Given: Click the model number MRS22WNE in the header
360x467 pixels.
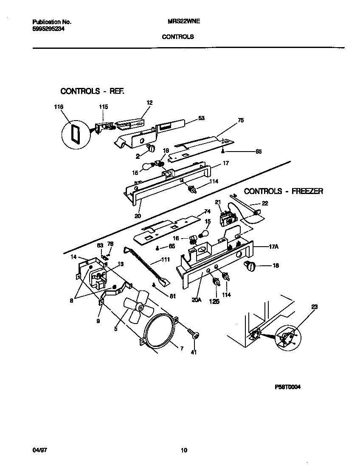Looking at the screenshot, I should (x=178, y=22).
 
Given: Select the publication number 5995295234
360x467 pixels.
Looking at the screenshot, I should (x=48, y=29).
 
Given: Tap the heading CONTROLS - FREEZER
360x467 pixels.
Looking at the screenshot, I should (x=283, y=191).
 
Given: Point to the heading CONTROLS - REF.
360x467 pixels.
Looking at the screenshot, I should (x=92, y=91).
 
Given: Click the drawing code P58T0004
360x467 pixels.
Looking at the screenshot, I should (x=287, y=387).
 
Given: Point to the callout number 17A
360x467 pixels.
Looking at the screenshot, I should (x=275, y=246).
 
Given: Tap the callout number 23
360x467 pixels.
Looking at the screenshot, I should (x=314, y=307).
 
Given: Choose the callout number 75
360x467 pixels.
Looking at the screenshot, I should (x=241, y=121).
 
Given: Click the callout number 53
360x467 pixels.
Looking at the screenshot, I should (x=201, y=118).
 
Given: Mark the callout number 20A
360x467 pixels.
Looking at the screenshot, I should (x=196, y=300).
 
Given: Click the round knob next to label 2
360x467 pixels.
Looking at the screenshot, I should (x=150, y=147).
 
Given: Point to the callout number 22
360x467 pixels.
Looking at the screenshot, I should (x=265, y=203).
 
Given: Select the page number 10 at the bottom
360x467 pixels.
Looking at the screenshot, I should (x=183, y=450).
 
